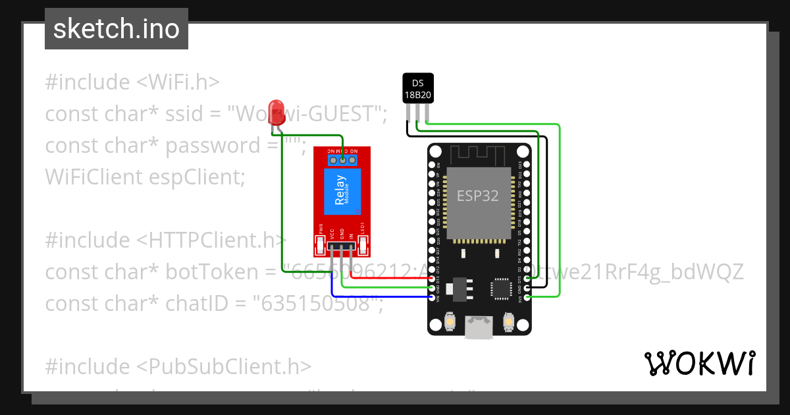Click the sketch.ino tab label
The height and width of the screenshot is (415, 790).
pos(116,29)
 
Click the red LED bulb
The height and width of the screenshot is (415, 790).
pos(277,108)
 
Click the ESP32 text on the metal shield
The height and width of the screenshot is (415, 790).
pos(478,195)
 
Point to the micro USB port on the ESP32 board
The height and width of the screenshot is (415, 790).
pos(479,327)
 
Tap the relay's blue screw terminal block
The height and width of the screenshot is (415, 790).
pos(343,159)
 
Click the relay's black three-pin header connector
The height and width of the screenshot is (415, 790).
pos(341,248)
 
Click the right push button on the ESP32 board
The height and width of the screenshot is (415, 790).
pos(508,322)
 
